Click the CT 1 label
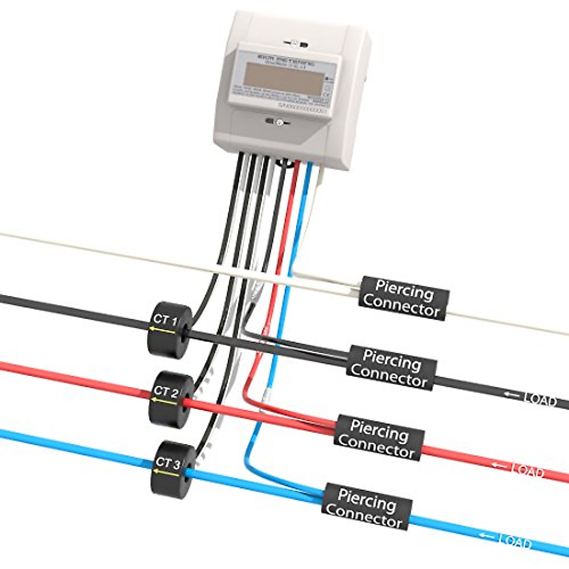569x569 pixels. (x=164, y=320)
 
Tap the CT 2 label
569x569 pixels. (x=165, y=392)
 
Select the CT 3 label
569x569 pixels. (x=167, y=462)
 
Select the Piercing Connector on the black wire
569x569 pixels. (x=391, y=368)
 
